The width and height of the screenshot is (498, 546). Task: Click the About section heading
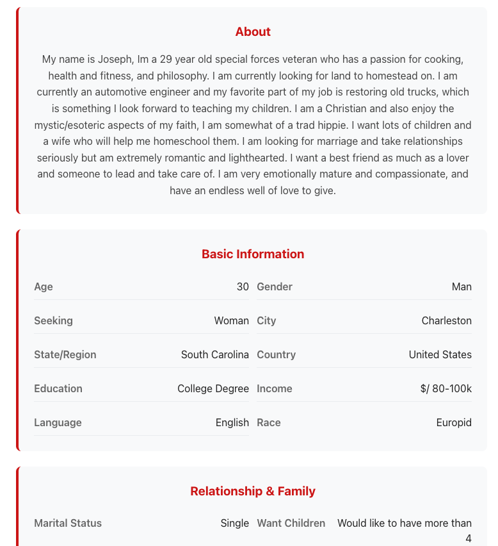coord(253,32)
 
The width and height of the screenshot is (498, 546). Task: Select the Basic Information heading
coord(253,254)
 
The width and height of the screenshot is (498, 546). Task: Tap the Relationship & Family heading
coord(253,492)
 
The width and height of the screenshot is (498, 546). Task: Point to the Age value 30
coord(243,287)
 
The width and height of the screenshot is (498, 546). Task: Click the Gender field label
coord(275,287)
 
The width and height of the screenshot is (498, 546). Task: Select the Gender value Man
coord(462,287)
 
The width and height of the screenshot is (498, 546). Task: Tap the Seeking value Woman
coord(231,321)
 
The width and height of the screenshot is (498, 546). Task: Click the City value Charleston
coord(446,321)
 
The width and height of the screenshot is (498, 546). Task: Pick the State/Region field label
coord(65,355)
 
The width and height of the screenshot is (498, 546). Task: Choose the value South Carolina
coord(214,355)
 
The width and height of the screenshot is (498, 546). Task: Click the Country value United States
coord(440,355)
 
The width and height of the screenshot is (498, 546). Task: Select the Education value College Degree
coord(213,389)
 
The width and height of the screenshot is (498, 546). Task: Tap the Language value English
coord(232,423)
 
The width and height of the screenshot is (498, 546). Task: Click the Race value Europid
coord(454,423)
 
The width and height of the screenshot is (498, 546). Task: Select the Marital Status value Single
coord(234,524)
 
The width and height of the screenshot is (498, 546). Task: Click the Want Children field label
coord(291,524)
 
